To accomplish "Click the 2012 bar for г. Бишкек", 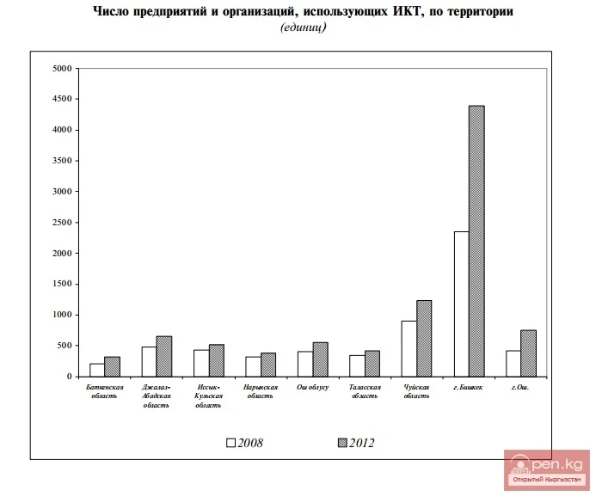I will click(476, 241).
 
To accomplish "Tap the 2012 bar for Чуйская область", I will click(424, 338).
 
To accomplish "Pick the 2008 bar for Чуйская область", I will click(409, 348).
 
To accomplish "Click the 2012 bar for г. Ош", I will click(528, 353).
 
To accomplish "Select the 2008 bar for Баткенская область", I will click(97, 370).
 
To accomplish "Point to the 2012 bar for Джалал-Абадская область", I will click(163, 356).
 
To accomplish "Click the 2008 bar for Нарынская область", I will click(253, 366).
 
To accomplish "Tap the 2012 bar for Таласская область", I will click(372, 364).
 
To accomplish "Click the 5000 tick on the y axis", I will click(61, 69).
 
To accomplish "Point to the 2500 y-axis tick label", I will click(61, 223).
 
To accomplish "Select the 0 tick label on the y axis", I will click(67, 377).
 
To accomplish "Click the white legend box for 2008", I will click(230, 443).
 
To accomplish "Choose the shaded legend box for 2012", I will click(341, 443).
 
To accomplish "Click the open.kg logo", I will click(546, 469).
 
